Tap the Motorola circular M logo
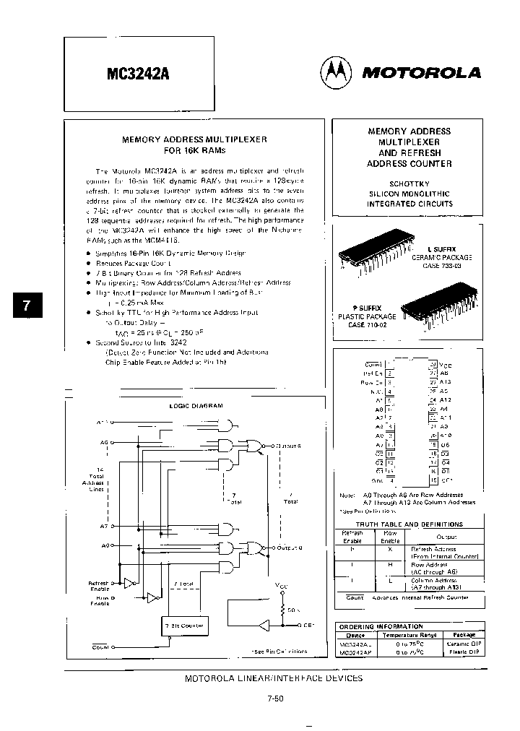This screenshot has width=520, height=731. (334, 72)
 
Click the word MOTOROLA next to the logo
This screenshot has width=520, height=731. (421, 72)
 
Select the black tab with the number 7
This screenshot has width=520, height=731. (27, 305)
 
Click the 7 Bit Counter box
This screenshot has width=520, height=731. (183, 626)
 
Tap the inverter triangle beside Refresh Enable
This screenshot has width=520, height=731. (130, 582)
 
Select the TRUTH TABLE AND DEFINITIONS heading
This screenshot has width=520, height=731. (409, 524)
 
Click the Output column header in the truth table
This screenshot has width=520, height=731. (445, 537)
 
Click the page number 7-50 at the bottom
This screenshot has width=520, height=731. (274, 699)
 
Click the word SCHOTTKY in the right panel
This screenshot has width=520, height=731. (409, 183)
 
